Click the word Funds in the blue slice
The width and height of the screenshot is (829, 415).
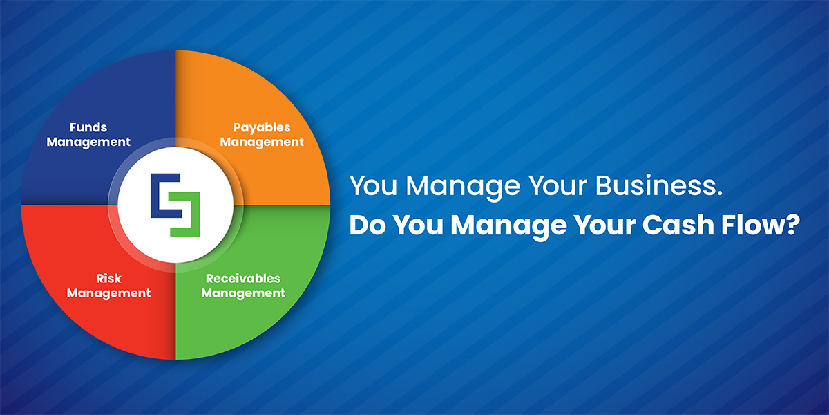(x=88, y=127)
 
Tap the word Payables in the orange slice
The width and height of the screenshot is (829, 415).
(x=262, y=128)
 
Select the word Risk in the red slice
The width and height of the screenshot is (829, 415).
(x=108, y=278)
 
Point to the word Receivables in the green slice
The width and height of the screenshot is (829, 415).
(x=243, y=278)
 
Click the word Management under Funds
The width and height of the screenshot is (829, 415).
(x=88, y=142)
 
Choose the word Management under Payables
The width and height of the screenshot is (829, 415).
(x=262, y=142)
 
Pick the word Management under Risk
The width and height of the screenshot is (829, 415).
(x=108, y=293)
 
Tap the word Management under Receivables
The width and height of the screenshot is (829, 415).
(x=243, y=293)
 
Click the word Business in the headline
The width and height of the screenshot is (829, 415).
(x=659, y=185)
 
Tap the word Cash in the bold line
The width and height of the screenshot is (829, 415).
(x=678, y=225)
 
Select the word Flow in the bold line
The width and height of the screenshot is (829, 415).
(x=752, y=225)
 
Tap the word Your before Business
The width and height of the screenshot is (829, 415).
(x=558, y=185)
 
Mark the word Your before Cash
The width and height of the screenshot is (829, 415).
(x=604, y=225)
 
